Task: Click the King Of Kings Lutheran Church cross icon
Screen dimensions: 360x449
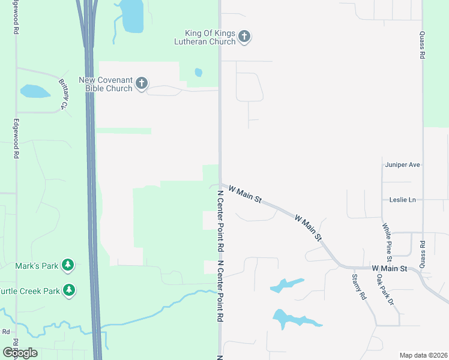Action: click(244, 37)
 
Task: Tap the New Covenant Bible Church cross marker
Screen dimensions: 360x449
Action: click(141, 83)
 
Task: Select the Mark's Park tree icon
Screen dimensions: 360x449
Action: click(68, 265)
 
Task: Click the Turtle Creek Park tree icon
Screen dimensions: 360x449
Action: click(69, 290)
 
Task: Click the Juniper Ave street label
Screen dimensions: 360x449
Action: click(402, 164)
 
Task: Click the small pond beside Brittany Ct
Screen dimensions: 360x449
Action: click(34, 91)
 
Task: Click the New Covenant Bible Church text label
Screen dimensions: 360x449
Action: click(106, 84)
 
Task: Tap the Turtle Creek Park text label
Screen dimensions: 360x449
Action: click(31, 291)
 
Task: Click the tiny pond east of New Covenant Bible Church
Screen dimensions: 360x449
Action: click(199, 73)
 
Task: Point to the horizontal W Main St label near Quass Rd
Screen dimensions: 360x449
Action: click(390, 268)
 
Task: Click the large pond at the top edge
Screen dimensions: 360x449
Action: click(132, 15)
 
